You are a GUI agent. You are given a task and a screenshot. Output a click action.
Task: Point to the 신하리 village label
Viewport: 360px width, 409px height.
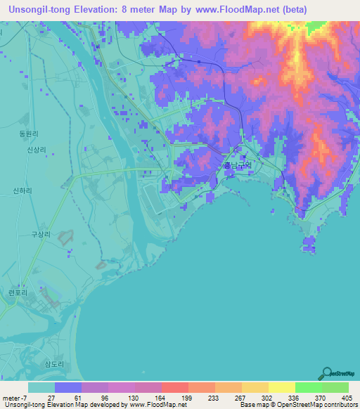pos(23,190)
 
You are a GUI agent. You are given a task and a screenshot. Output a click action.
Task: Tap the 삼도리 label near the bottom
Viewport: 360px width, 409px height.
pos(54,364)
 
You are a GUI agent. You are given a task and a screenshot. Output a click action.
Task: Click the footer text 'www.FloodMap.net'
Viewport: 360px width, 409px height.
pos(158,405)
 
